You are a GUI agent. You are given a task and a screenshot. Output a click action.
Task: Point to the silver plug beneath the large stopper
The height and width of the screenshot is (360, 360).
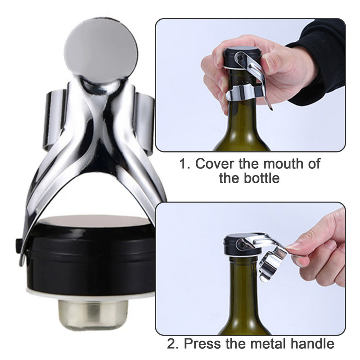click(x=93, y=315)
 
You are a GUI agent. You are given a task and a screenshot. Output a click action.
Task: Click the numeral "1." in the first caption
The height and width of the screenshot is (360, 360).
click(x=184, y=164)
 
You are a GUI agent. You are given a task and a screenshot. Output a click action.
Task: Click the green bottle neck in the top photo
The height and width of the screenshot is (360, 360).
click(x=242, y=119)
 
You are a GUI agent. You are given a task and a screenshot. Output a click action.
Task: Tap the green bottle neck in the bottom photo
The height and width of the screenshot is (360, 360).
click(x=244, y=296)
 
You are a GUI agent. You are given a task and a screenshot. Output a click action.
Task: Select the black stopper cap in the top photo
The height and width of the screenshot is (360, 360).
click(x=241, y=58)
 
